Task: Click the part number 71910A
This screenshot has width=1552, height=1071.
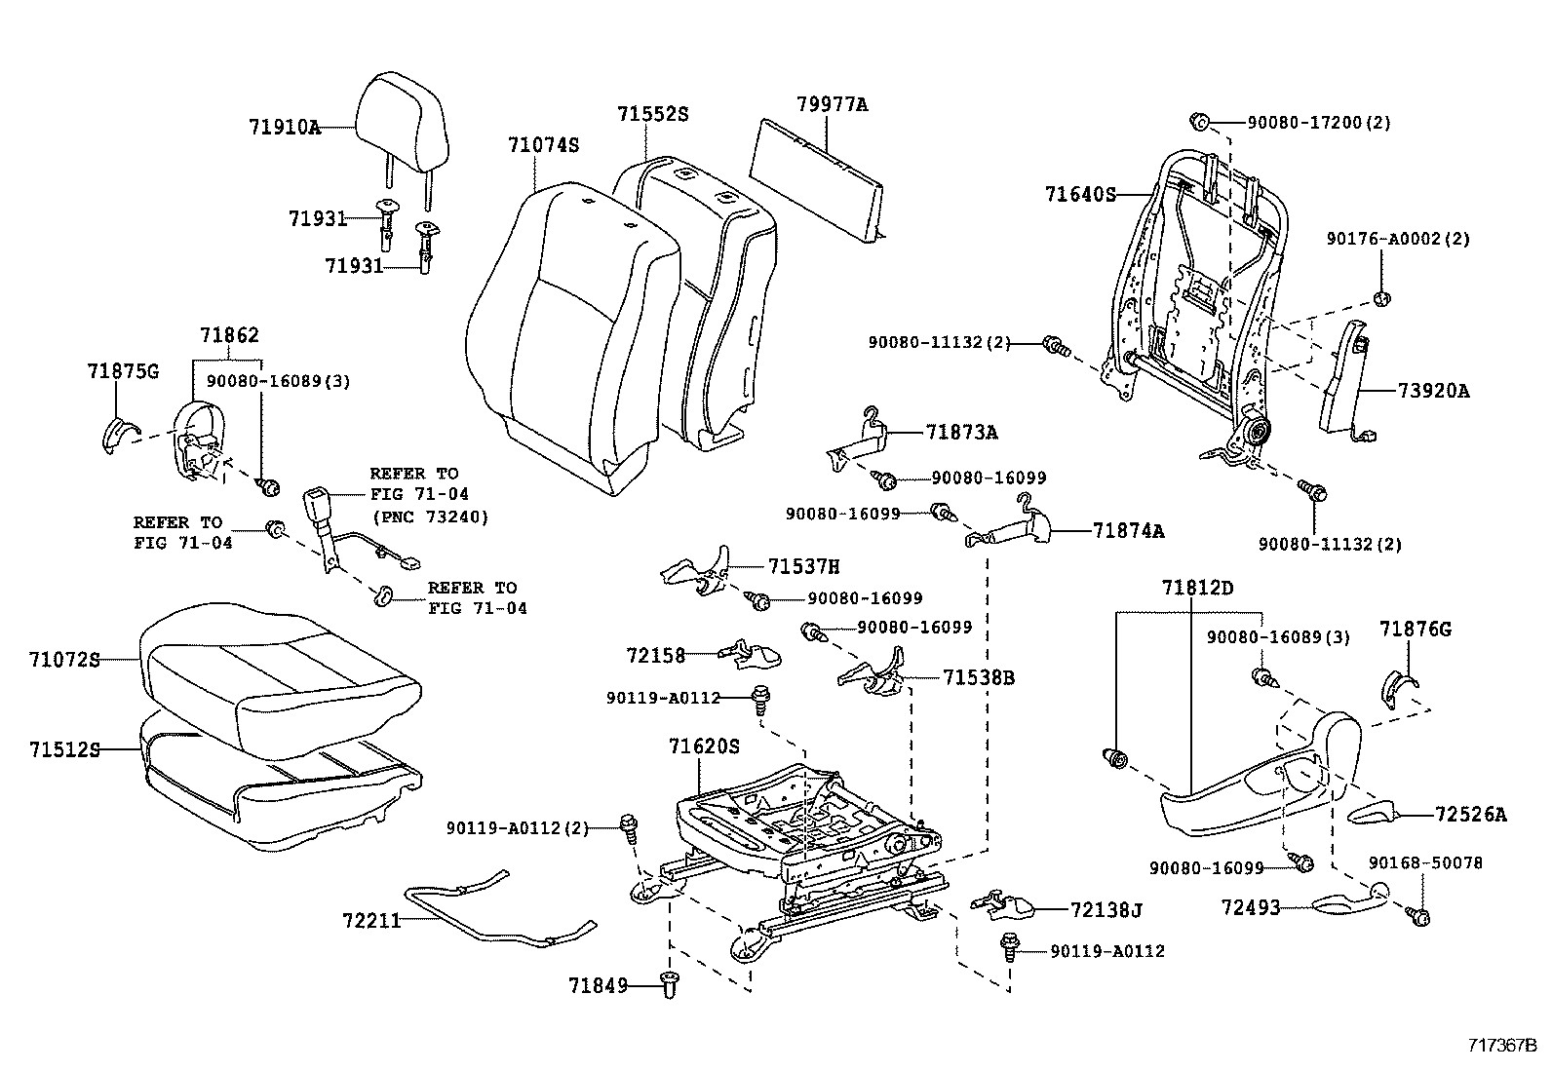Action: pyautogui.click(x=284, y=127)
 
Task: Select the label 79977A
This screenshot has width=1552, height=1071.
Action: pyautogui.click(x=831, y=104)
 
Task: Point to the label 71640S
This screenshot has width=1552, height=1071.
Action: pyautogui.click(x=1080, y=194)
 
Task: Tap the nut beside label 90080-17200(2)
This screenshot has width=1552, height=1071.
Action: pyautogui.click(x=1200, y=123)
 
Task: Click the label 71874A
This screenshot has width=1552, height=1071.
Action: pyautogui.click(x=1128, y=531)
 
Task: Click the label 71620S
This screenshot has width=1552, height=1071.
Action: pyautogui.click(x=704, y=746)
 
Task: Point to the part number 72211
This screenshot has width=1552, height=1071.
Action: pyautogui.click(x=371, y=920)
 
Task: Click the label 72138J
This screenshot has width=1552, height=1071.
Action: pyautogui.click(x=1106, y=910)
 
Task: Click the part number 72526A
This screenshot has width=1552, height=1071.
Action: pyautogui.click(x=1470, y=814)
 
